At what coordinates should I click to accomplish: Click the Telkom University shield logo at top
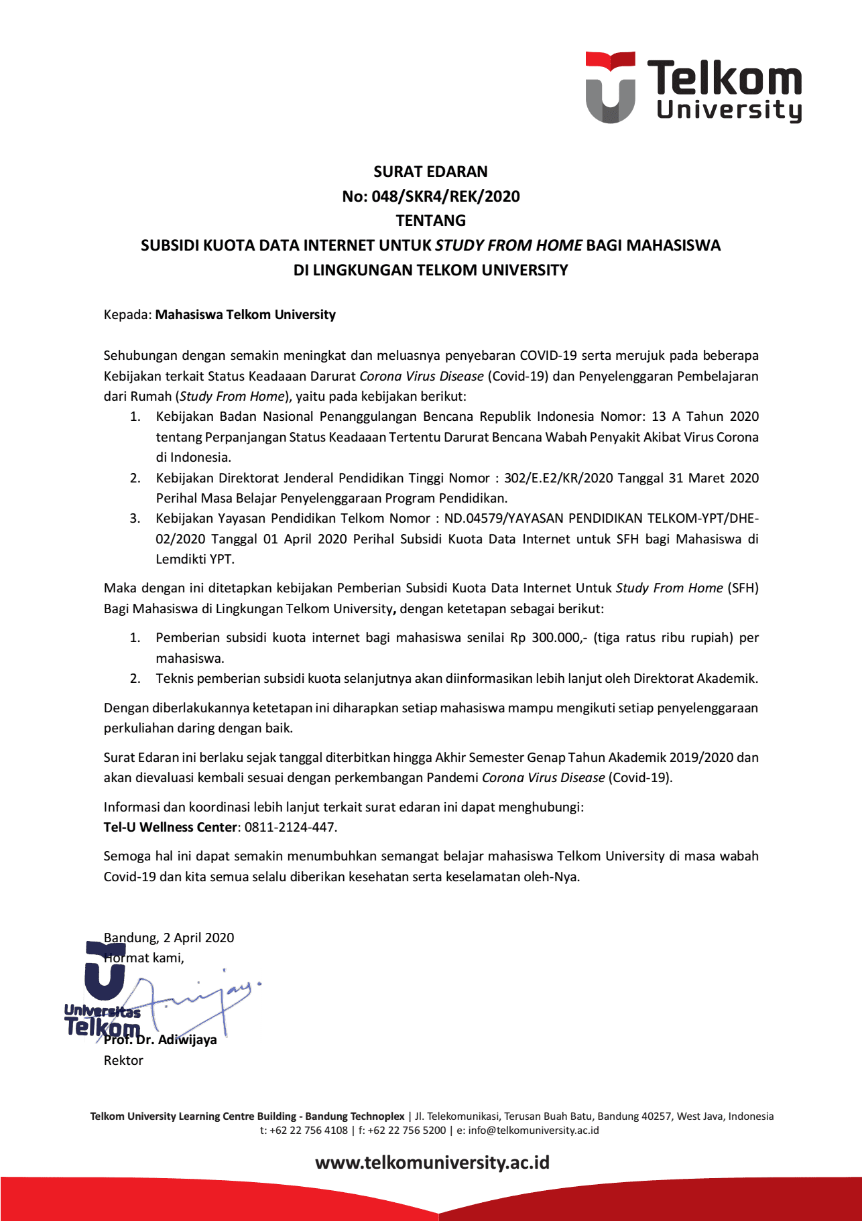(610, 88)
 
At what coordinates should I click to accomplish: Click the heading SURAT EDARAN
(430, 172)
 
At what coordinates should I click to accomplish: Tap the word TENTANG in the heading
(430, 220)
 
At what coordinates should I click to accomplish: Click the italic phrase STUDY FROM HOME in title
(509, 245)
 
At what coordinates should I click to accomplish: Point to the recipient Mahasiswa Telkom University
(245, 314)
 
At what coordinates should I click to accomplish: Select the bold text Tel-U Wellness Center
(170, 827)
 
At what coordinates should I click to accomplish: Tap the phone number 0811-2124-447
(290, 827)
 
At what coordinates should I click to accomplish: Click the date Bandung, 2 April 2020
(169, 938)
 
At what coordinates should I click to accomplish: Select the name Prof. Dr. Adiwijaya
(161, 1039)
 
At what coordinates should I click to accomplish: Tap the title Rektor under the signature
(123, 1060)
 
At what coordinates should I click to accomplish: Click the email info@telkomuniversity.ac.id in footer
(534, 1130)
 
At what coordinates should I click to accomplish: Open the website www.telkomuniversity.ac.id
(432, 1162)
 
